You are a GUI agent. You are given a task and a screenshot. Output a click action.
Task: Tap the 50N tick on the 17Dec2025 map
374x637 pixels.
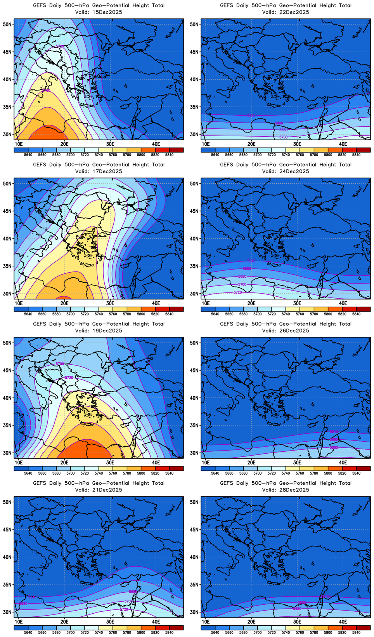7,183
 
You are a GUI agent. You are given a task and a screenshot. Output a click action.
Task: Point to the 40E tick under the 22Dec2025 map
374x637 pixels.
343,144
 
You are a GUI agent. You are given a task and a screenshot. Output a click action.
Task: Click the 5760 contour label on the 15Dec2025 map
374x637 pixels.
46,91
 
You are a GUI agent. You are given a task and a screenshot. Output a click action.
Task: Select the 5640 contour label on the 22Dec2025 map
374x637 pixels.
251,116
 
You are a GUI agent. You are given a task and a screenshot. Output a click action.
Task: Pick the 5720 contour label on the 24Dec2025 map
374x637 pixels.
237,292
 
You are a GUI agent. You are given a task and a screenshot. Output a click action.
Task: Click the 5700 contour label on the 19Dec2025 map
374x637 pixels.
59,364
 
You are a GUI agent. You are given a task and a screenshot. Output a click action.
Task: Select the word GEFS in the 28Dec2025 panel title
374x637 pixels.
227,483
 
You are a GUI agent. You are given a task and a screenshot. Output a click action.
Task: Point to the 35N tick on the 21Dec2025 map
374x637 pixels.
7,585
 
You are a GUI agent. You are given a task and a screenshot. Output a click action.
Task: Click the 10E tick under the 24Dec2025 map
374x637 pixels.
206,303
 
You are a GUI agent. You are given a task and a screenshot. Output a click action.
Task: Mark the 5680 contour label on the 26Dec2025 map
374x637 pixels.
334,447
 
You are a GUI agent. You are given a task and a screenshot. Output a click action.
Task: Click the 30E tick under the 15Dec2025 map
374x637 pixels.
110,144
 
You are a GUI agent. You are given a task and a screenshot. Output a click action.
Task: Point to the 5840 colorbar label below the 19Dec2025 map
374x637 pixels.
169,473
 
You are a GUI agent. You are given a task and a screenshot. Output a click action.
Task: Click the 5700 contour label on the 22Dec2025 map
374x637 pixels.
283,137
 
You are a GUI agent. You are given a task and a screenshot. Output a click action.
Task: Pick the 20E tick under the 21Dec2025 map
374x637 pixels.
64,622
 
